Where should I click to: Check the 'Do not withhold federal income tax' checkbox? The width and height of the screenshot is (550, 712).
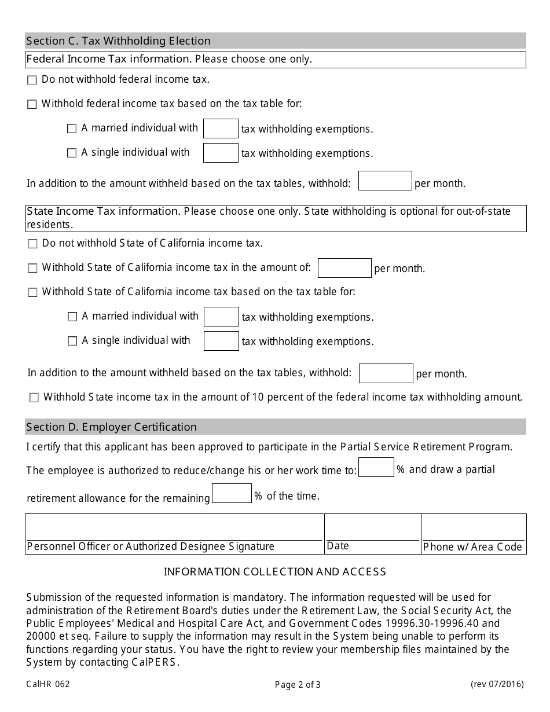32,80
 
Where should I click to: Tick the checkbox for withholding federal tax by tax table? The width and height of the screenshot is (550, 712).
32,105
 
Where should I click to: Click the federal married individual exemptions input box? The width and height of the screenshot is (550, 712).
221,129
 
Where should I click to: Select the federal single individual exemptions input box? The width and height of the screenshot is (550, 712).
221,153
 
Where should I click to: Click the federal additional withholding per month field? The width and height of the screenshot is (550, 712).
385,181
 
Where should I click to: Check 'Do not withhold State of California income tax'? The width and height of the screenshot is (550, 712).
32,244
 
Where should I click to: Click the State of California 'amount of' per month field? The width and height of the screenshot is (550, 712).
344,268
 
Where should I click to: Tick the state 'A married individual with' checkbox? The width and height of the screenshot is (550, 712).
72,317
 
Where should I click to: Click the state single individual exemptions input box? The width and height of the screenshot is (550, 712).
221,341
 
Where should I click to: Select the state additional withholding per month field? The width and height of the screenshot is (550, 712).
386,373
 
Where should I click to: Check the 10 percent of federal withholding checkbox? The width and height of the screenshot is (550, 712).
34,398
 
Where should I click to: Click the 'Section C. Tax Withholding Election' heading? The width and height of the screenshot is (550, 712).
119,41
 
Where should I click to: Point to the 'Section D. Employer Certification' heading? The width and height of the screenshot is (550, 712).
112,427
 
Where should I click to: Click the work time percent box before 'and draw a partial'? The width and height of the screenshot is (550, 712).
376,468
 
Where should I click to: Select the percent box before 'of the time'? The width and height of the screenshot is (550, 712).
232,493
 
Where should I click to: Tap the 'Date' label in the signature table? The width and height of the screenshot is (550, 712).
338,546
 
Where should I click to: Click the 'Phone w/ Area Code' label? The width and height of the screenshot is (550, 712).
472,547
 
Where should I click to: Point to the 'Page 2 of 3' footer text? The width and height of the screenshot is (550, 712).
298,685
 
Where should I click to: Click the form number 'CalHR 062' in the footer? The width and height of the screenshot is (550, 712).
48,684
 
